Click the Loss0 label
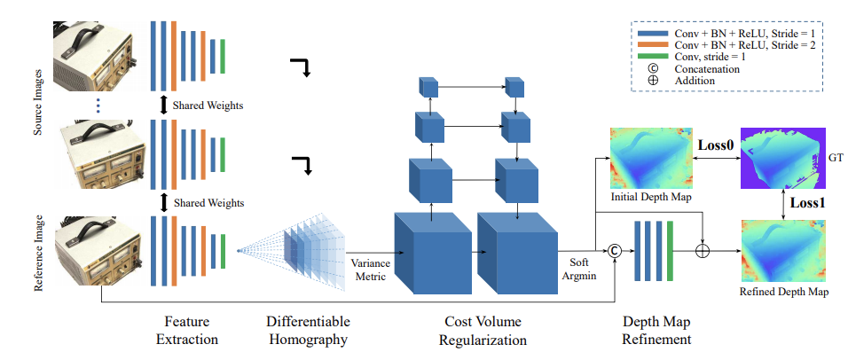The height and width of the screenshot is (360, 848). (717, 145)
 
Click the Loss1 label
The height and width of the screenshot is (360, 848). (809, 203)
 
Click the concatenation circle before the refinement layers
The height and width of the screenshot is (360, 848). (614, 251)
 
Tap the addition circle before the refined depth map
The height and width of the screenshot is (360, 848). (702, 251)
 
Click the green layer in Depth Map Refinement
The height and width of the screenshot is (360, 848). (671, 251)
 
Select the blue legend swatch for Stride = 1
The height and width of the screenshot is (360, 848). (652, 32)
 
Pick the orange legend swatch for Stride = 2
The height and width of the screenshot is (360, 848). (652, 44)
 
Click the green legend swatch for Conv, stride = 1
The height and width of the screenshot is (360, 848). (652, 57)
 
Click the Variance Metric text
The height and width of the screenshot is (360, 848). (369, 270)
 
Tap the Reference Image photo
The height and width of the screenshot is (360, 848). (98, 250)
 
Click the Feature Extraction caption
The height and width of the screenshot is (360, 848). (187, 331)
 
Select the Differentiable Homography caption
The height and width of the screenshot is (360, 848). (309, 331)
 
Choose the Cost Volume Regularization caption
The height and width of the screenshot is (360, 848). (483, 331)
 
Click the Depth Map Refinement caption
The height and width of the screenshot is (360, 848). (656, 331)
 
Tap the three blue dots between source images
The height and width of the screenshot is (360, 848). (98, 105)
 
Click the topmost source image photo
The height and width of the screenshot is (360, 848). (93, 56)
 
